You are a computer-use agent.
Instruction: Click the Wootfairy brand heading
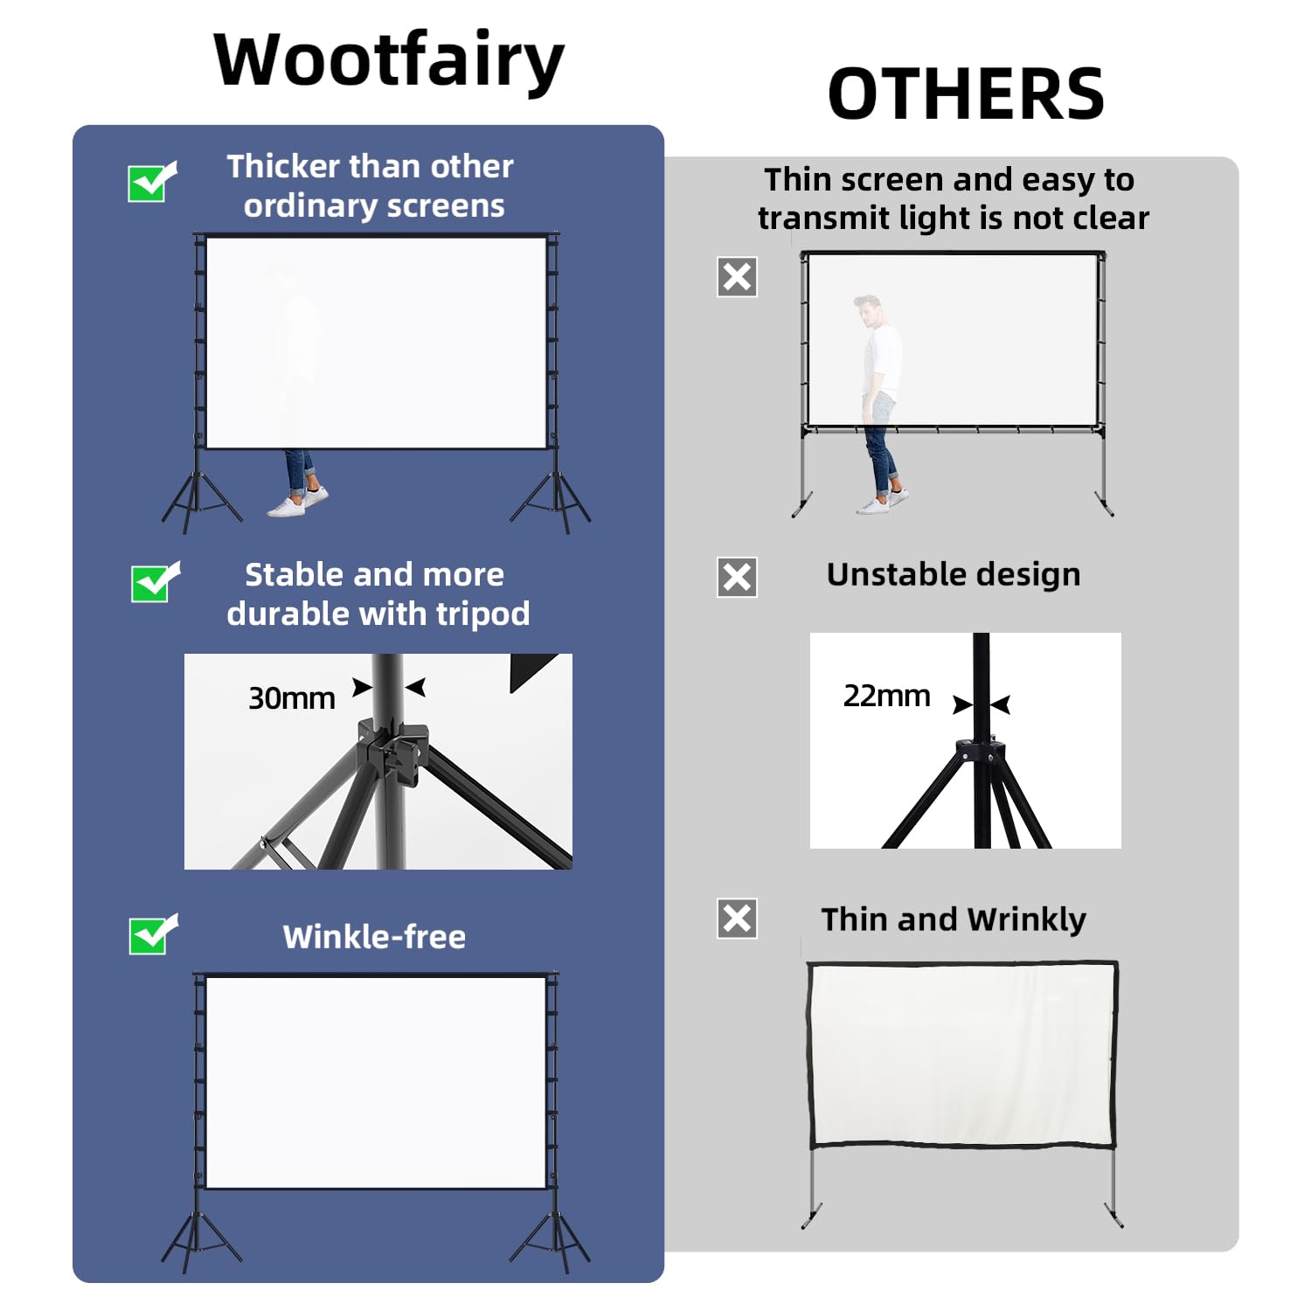389,61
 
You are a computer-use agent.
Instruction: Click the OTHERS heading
966,94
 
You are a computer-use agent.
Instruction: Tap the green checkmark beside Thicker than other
150,182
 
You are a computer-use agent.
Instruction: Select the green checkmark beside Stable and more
153,582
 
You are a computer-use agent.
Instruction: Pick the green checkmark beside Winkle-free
151,935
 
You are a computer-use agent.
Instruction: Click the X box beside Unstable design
737,577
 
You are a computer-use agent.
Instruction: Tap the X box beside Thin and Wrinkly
737,919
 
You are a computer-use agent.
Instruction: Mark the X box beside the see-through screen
737,277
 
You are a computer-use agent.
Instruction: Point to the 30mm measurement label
291,698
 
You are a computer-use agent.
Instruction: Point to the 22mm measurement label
886,696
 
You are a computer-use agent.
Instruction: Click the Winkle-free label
374,937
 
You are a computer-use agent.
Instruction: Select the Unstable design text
954,574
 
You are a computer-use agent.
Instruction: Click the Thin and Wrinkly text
954,919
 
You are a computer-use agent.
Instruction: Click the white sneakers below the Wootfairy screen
297,503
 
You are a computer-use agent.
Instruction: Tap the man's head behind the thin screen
868,309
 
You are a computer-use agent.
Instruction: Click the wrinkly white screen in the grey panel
961,1053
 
